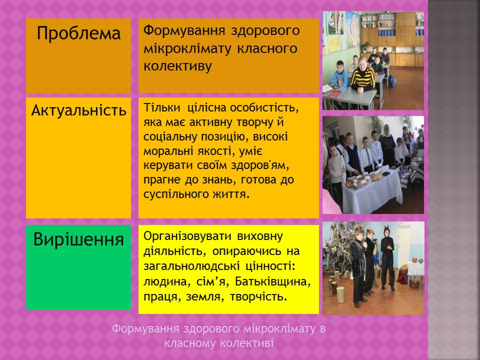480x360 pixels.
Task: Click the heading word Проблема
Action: click(x=78, y=33)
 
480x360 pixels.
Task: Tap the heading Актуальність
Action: click(x=78, y=110)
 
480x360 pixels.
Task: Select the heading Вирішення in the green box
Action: click(x=78, y=239)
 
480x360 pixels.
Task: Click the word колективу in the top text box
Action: click(x=177, y=66)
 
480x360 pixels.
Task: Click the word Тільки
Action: click(x=162, y=107)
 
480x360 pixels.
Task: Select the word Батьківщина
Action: click(x=273, y=281)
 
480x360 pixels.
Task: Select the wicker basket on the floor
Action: click(x=414, y=283)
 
